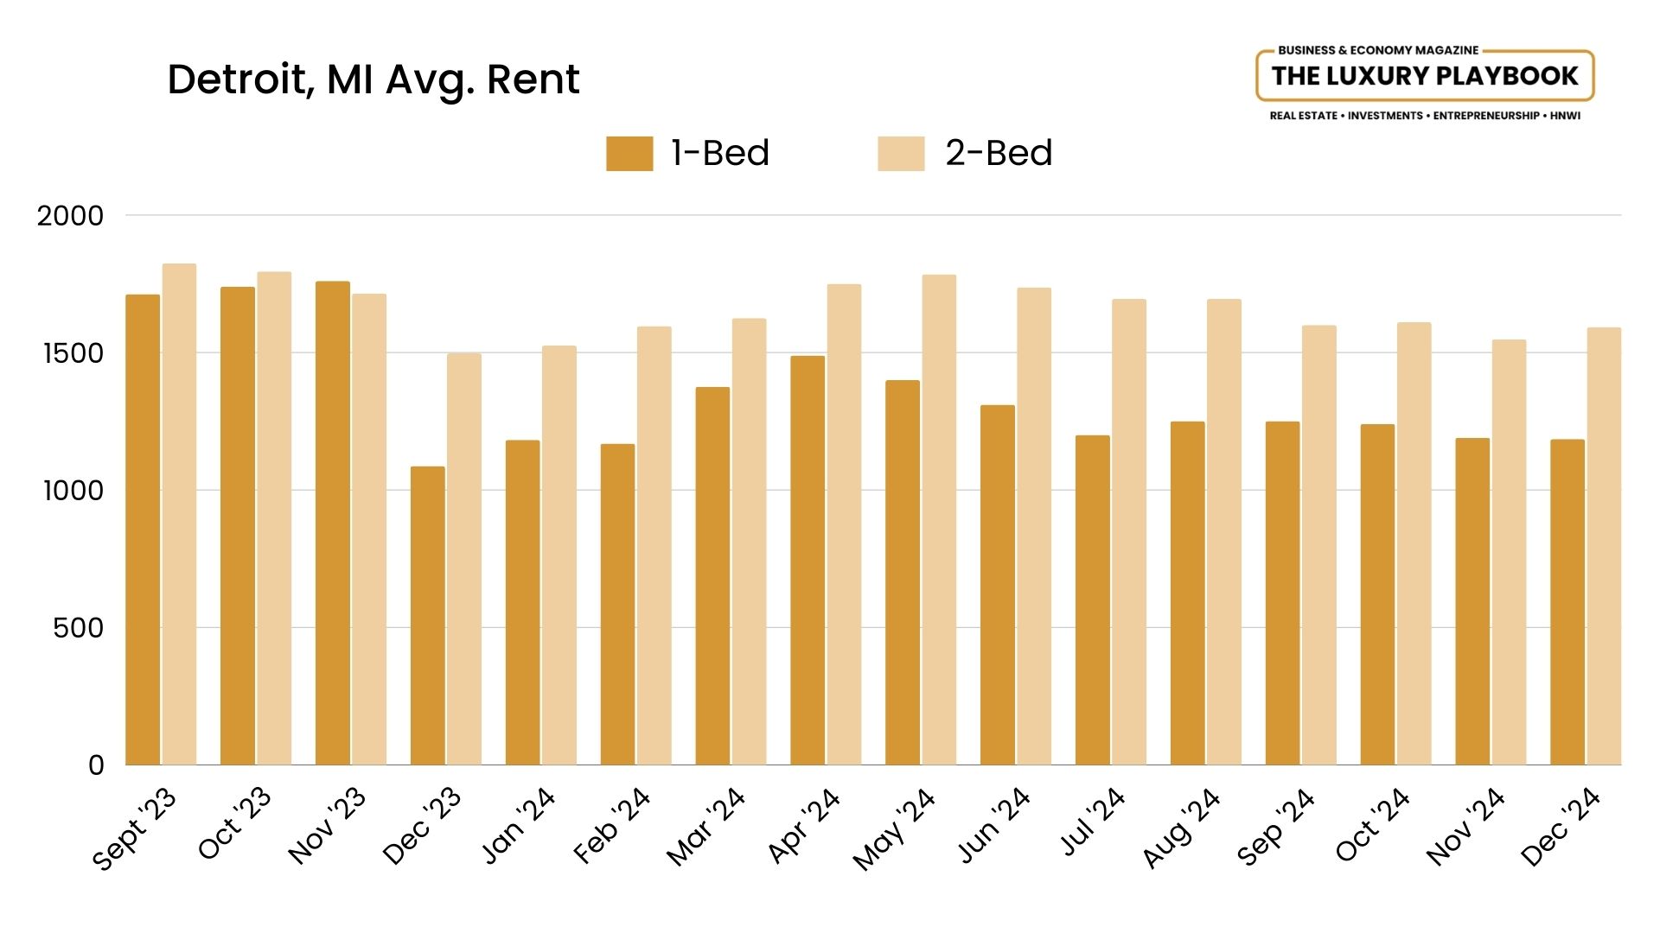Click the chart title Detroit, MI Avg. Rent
pyautogui.click(x=373, y=79)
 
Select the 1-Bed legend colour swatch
pyautogui.click(x=629, y=154)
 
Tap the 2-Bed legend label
pyautogui.click(x=999, y=154)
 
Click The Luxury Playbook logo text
pyautogui.click(x=1424, y=76)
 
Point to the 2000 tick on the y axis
pyautogui.click(x=70, y=216)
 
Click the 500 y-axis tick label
pyautogui.click(x=78, y=628)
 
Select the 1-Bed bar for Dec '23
pyautogui.click(x=428, y=616)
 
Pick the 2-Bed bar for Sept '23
pyautogui.click(x=179, y=515)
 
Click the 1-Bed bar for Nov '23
pyautogui.click(x=333, y=524)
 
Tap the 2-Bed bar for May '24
pyautogui.click(x=939, y=520)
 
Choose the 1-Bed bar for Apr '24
pyautogui.click(x=808, y=561)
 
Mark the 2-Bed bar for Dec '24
pyautogui.click(x=1604, y=547)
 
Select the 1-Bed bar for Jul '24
pyautogui.click(x=1093, y=600)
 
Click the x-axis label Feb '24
pyautogui.click(x=611, y=826)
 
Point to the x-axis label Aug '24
pyautogui.click(x=1181, y=828)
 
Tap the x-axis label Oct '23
pyautogui.click(x=234, y=824)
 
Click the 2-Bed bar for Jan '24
pyautogui.click(x=559, y=555)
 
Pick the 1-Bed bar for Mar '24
pyautogui.click(x=712, y=576)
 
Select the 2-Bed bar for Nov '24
pyautogui.click(x=1509, y=553)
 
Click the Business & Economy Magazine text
pyautogui.click(x=1378, y=50)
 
